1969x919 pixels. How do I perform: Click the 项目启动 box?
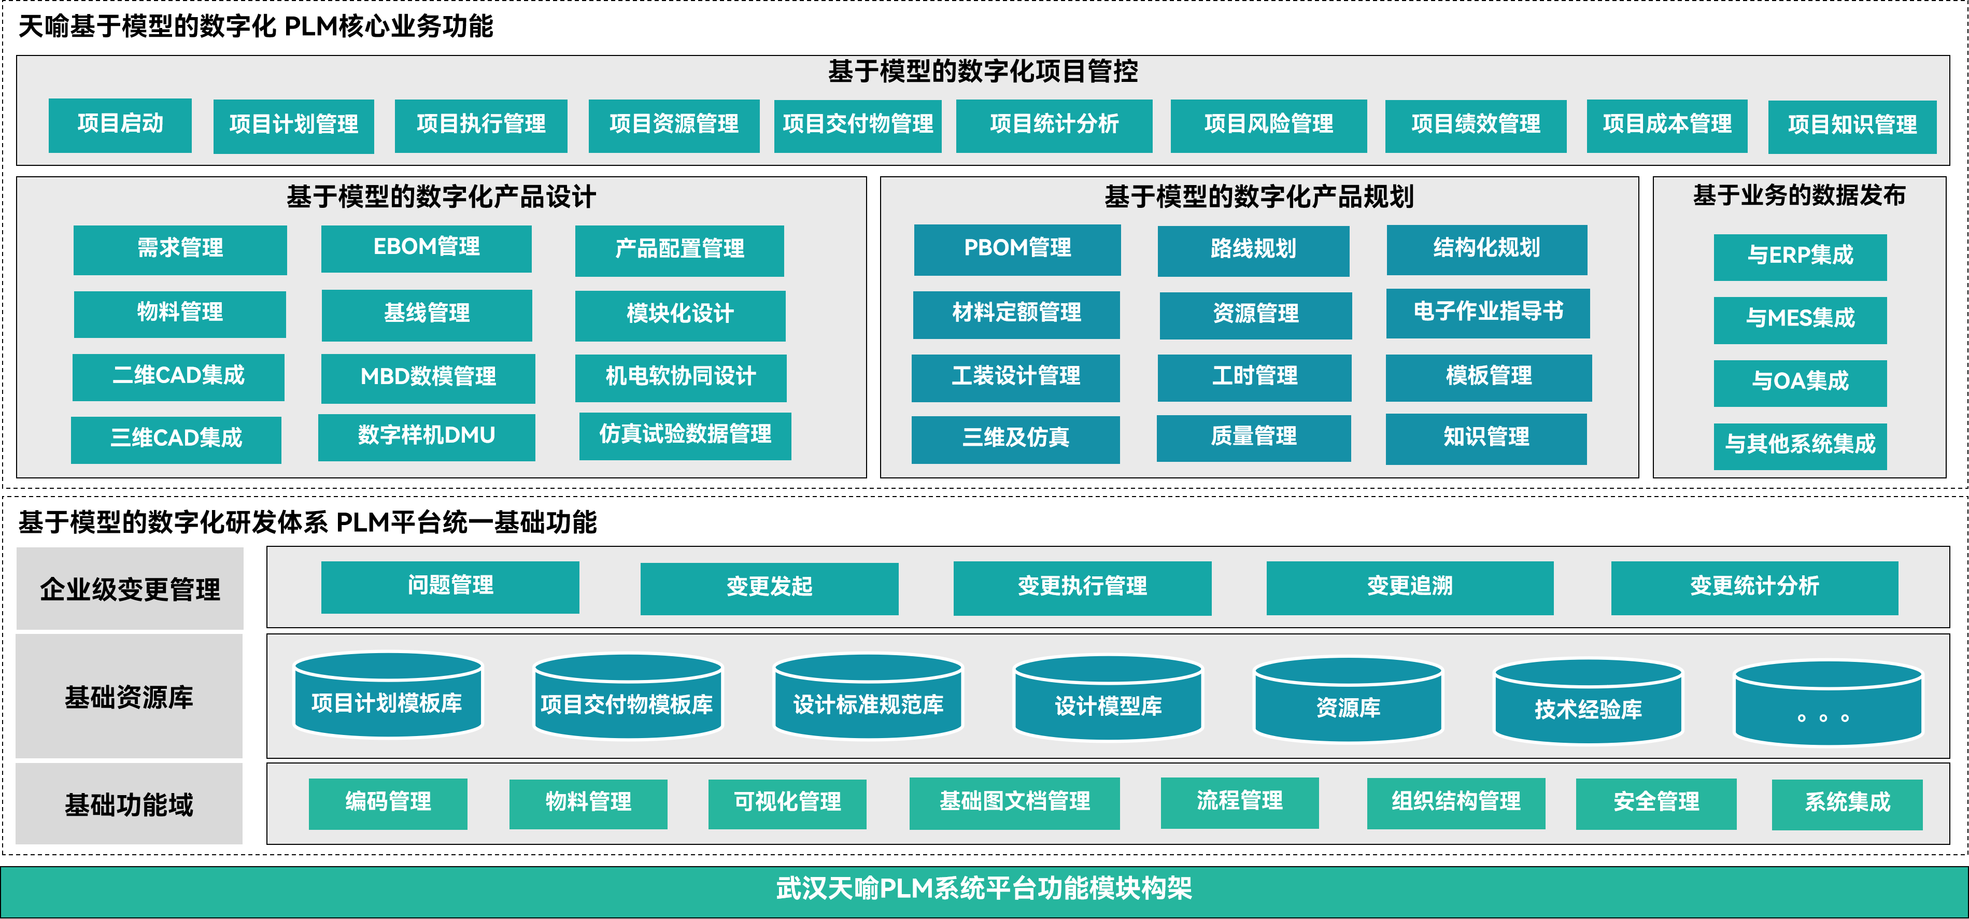(x=120, y=124)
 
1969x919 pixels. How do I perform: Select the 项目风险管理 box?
(x=1268, y=124)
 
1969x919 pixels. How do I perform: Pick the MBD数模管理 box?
(x=428, y=377)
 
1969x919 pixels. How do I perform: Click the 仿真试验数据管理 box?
(x=685, y=435)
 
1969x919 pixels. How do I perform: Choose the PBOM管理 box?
(x=1017, y=248)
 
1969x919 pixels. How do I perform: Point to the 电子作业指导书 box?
(x=1488, y=312)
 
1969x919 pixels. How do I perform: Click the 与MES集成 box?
(x=1800, y=319)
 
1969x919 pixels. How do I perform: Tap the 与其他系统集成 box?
(x=1800, y=445)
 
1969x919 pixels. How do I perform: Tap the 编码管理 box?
(x=388, y=803)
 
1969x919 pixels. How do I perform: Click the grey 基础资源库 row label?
(x=129, y=697)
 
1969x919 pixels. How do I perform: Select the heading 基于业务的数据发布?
(x=1800, y=196)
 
